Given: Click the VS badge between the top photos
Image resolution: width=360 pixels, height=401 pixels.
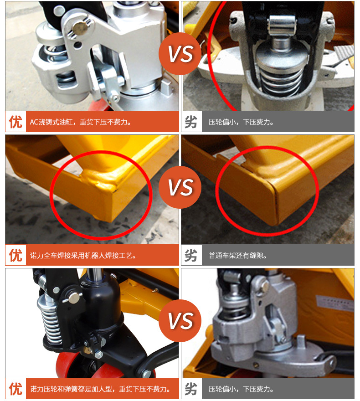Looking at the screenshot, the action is (x=180, y=54).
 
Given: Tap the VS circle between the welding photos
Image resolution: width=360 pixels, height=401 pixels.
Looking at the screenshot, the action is (x=180, y=187).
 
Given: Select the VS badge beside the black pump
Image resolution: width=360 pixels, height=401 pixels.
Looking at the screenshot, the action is (x=180, y=321).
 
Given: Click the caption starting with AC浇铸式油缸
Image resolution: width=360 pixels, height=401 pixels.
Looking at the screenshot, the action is (x=81, y=122).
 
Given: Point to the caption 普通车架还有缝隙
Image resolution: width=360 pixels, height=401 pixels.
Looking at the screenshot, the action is (x=238, y=256).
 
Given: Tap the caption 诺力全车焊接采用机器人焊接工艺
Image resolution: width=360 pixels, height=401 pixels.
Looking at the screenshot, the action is (x=83, y=256).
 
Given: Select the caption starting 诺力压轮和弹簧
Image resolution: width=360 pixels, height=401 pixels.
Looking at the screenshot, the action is (x=100, y=389).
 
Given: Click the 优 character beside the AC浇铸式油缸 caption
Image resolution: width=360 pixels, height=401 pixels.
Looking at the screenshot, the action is (x=15, y=122).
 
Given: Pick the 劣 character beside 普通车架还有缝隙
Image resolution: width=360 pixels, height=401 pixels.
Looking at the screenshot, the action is (x=191, y=255).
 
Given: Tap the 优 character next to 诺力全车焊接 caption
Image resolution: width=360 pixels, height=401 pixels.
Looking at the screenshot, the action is (x=15, y=255).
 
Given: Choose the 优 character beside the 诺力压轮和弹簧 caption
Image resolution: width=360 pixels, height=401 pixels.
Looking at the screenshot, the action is (x=15, y=389).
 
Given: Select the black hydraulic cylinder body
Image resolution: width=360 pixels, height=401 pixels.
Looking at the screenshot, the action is (x=102, y=302).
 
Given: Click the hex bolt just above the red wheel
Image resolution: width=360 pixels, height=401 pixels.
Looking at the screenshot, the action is (x=99, y=355).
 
